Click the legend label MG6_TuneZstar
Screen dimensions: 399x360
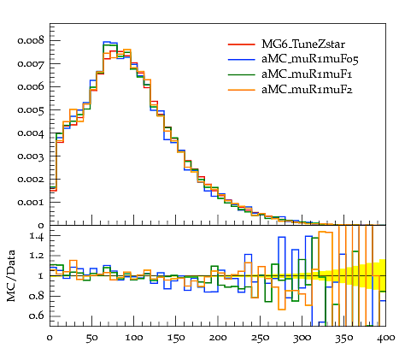pyautogui.click(x=303, y=44)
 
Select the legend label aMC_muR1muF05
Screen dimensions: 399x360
pyautogui.click(x=310, y=59)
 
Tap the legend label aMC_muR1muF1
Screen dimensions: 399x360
pyautogui.click(x=307, y=74)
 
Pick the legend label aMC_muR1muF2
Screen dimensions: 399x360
pyautogui.click(x=307, y=90)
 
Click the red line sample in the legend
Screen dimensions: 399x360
pyautogui.click(x=242, y=44)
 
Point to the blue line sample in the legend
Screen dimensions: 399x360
pyautogui.click(x=242, y=60)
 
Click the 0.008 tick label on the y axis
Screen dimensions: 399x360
pyautogui.click(x=31, y=40)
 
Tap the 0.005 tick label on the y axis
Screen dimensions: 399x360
pyautogui.click(x=31, y=110)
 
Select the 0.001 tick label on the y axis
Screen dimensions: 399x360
pyautogui.click(x=31, y=203)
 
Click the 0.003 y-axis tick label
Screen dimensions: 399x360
pyautogui.click(x=31, y=156)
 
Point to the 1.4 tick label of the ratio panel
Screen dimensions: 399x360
pyautogui.click(x=37, y=237)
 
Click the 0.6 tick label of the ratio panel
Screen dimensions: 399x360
pyautogui.click(x=37, y=316)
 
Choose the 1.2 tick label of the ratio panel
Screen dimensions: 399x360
pyautogui.click(x=37, y=256)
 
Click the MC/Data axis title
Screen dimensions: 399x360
pyautogui.click(x=11, y=276)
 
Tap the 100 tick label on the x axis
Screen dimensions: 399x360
pyautogui.click(x=134, y=338)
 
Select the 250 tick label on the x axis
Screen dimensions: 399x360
pyautogui.click(x=260, y=338)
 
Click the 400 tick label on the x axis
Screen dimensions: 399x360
pyautogui.click(x=386, y=338)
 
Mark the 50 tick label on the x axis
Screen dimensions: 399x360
pyautogui.click(x=91, y=338)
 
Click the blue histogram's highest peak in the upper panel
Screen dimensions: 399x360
pyautogui.click(x=107, y=42)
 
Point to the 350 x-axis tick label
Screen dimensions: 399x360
pyautogui.click(x=343, y=338)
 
